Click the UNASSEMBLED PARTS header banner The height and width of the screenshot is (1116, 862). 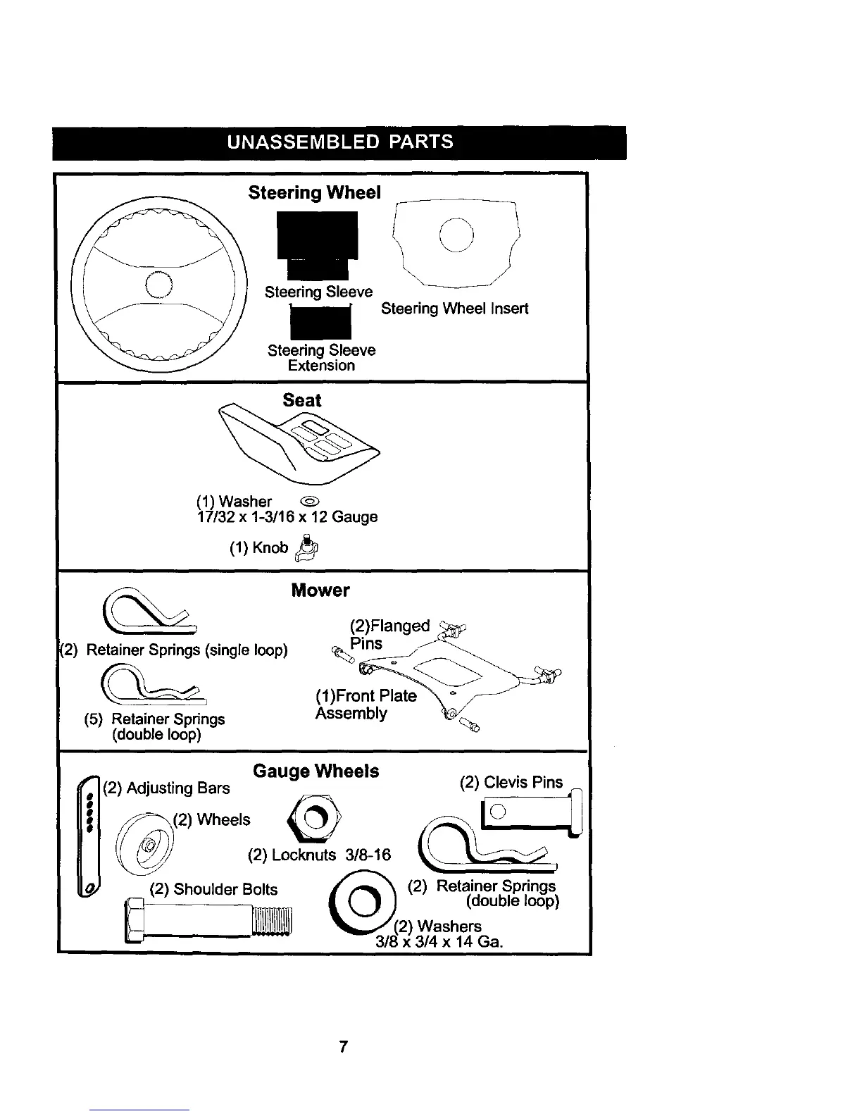pyautogui.click(x=339, y=142)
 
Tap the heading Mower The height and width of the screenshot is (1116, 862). pyautogui.click(x=320, y=590)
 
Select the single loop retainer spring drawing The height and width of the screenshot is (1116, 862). pyautogui.click(x=149, y=611)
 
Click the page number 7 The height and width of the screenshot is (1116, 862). pyautogui.click(x=343, y=1047)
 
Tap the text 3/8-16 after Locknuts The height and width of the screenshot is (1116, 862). pyautogui.click(x=368, y=855)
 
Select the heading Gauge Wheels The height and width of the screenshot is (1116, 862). pyautogui.click(x=316, y=771)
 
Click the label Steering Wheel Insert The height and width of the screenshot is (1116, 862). pyautogui.click(x=454, y=309)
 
